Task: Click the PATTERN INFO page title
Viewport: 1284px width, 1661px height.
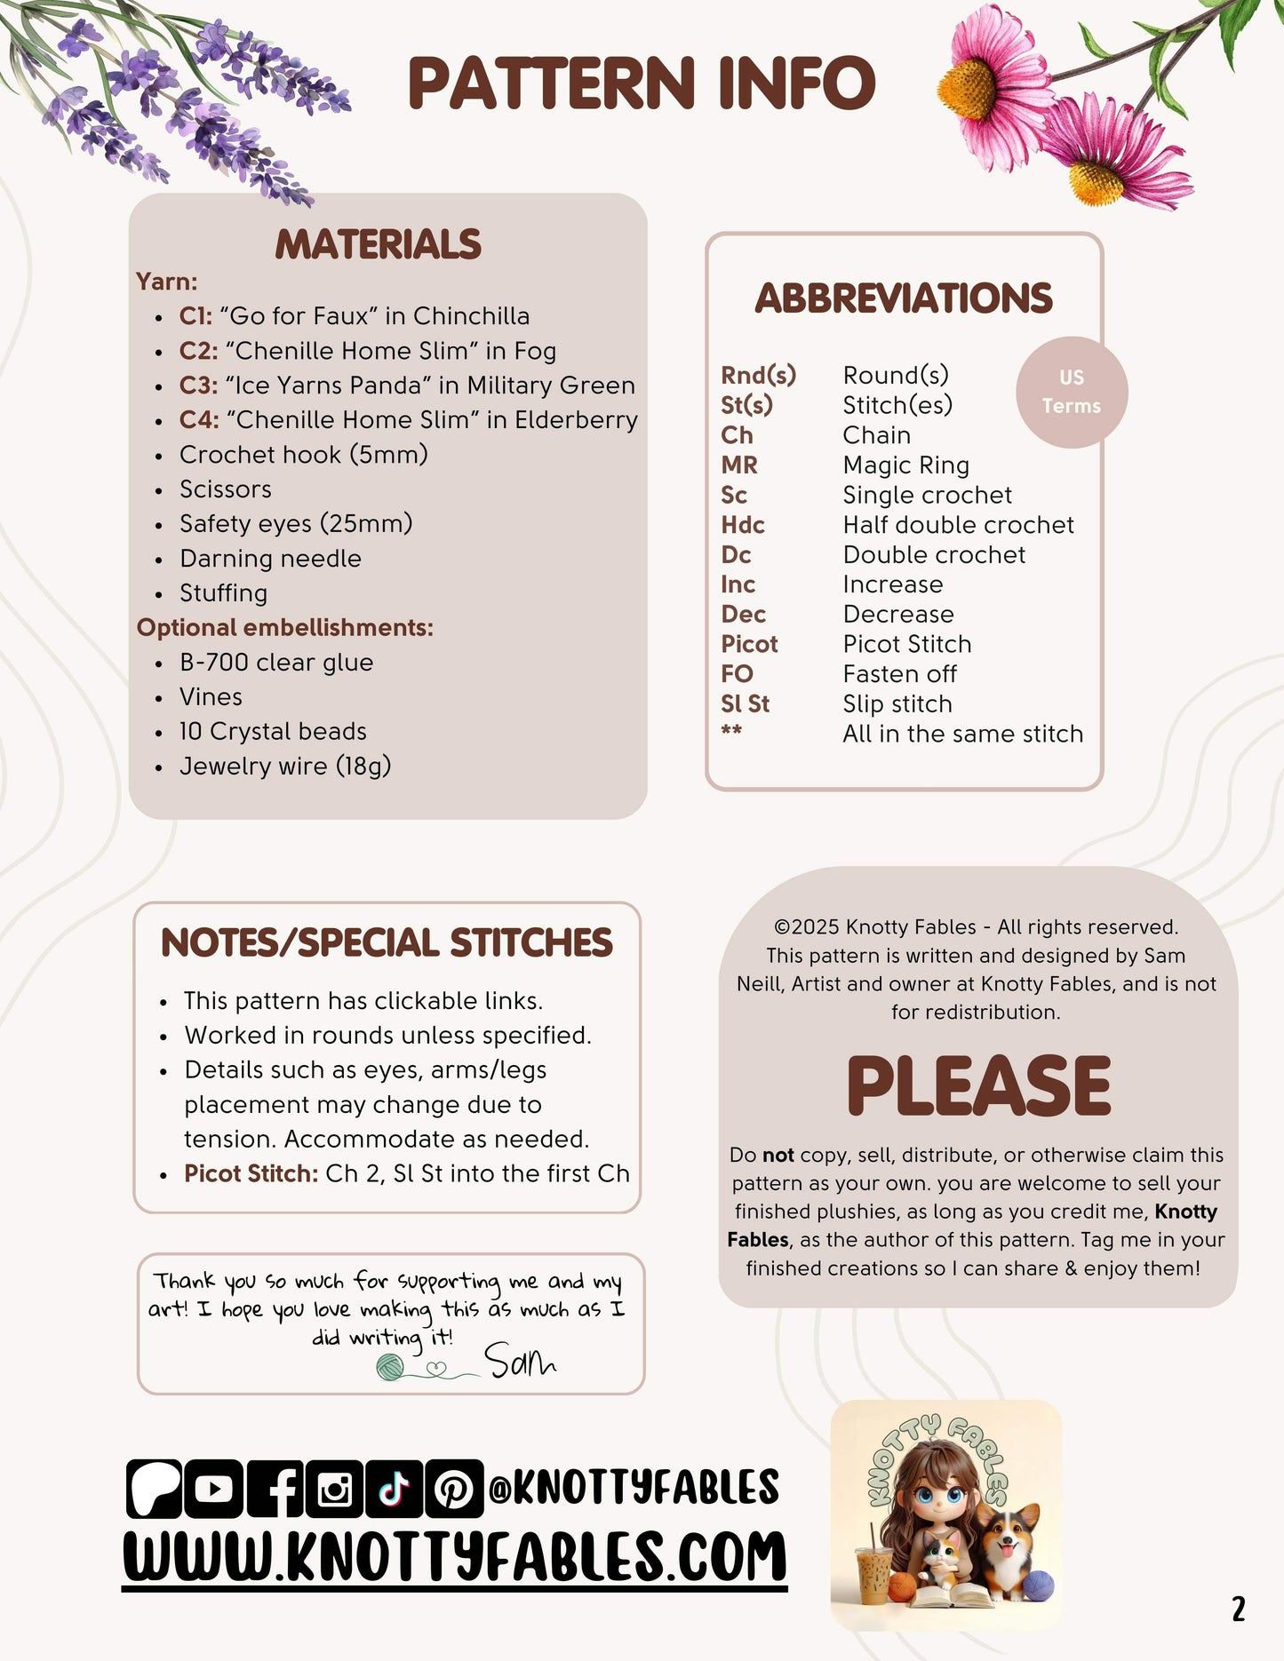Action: (x=642, y=83)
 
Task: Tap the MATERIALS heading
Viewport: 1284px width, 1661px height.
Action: (x=378, y=244)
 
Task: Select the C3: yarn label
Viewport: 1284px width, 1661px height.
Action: (x=199, y=385)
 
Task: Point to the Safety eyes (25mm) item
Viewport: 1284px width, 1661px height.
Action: (x=296, y=524)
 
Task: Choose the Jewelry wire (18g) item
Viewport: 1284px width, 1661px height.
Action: (x=285, y=767)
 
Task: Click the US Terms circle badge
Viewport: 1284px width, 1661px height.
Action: (x=1072, y=392)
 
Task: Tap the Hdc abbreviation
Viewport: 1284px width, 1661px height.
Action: (x=743, y=525)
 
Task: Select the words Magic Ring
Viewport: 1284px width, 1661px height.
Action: (x=905, y=465)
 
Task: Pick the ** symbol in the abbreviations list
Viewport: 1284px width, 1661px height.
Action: (x=731, y=731)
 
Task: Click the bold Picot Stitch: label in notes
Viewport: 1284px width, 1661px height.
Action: (x=251, y=1173)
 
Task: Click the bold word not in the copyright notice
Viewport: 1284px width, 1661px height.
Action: (x=778, y=1155)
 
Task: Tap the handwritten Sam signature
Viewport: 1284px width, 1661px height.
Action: (x=519, y=1360)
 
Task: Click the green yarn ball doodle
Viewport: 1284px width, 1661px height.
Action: (x=390, y=1367)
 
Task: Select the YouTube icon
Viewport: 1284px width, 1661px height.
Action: (x=213, y=1489)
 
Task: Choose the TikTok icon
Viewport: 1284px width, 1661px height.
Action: (x=394, y=1489)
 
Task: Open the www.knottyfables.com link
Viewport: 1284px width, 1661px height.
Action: (x=454, y=1556)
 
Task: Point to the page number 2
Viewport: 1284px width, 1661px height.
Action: (x=1238, y=1609)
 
